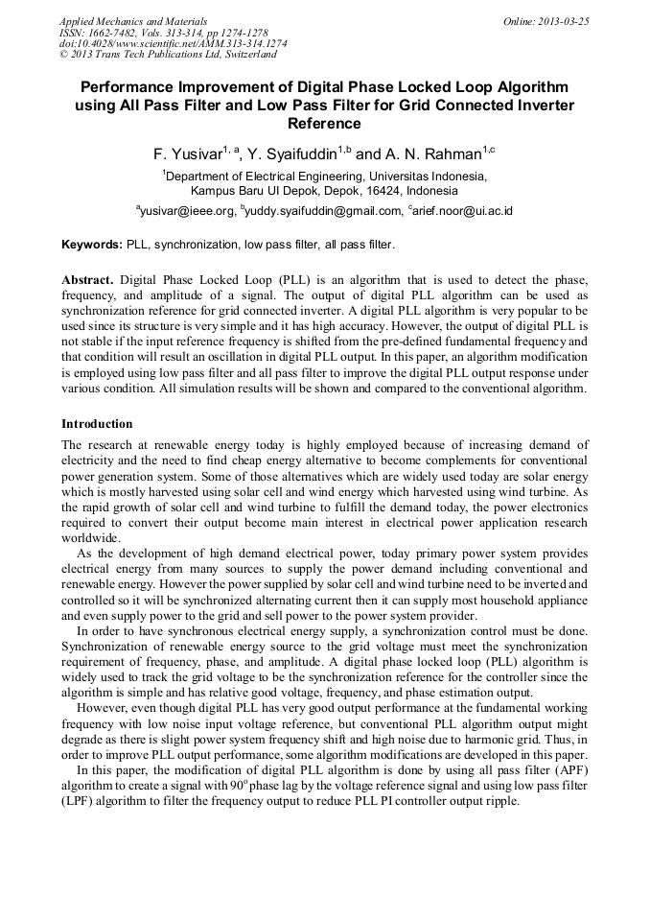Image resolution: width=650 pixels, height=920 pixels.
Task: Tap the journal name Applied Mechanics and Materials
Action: [x=133, y=21]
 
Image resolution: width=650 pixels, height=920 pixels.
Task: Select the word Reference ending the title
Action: [x=324, y=124]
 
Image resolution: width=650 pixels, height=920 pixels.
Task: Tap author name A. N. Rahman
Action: [x=439, y=153]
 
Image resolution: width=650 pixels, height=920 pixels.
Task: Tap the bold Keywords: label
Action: [x=92, y=245]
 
